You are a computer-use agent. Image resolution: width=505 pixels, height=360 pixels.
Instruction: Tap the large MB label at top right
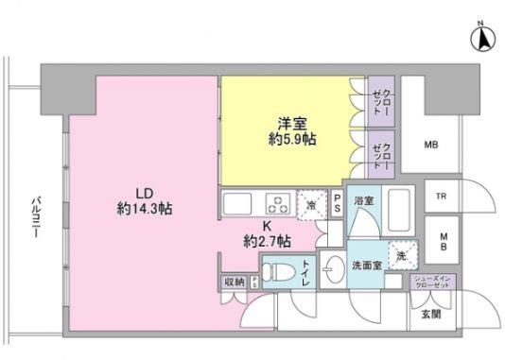[430, 145]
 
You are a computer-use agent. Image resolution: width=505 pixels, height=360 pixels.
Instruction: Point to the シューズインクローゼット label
[436, 282]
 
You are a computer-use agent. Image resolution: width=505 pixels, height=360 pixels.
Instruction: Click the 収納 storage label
[234, 283]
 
